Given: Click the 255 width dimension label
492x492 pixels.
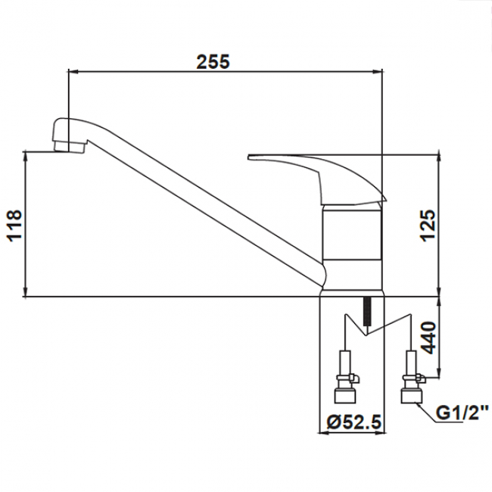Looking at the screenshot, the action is click(x=213, y=62).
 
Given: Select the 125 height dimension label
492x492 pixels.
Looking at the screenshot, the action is click(x=428, y=225).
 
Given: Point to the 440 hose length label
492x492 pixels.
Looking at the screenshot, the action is click(x=428, y=338).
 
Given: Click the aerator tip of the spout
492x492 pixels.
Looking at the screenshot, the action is click(x=69, y=147).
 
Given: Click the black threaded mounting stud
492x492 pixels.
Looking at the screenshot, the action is click(x=367, y=312).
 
